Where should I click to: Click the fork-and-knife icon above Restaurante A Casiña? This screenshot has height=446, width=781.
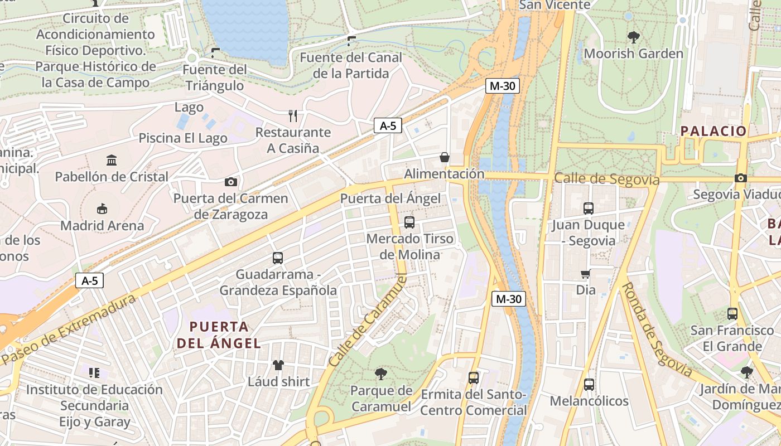pyautogui.click(x=293, y=115)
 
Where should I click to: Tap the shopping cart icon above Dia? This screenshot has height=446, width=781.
pyautogui.click(x=586, y=273)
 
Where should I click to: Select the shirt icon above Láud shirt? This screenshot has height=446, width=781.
pyautogui.click(x=278, y=365)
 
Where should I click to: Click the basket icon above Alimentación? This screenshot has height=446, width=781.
pyautogui.click(x=445, y=157)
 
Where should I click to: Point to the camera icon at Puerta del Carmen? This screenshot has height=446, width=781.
pyautogui.click(x=230, y=182)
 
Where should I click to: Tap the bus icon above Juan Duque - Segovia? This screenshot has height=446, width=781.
pyautogui.click(x=589, y=209)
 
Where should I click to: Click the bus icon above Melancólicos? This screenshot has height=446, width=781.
pyautogui.click(x=589, y=384)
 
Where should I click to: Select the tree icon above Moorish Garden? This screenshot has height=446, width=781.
pyautogui.click(x=633, y=37)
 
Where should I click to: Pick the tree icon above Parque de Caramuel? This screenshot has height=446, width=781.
pyautogui.click(x=381, y=374)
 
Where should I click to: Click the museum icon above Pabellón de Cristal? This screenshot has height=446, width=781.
pyautogui.click(x=112, y=161)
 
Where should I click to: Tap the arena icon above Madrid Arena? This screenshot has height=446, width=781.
pyautogui.click(x=102, y=209)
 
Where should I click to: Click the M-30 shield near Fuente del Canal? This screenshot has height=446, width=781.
pyautogui.click(x=502, y=86)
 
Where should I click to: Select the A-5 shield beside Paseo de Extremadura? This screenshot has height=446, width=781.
pyautogui.click(x=89, y=280)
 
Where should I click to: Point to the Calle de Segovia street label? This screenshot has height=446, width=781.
pyautogui.click(x=607, y=180)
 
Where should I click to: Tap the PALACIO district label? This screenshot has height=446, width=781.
pyautogui.click(x=713, y=132)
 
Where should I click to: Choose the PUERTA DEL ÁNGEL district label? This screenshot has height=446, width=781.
pyautogui.click(x=219, y=334)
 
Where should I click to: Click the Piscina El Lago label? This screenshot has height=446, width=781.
pyautogui.click(x=183, y=138)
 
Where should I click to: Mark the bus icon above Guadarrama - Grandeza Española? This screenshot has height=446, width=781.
pyautogui.click(x=278, y=258)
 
